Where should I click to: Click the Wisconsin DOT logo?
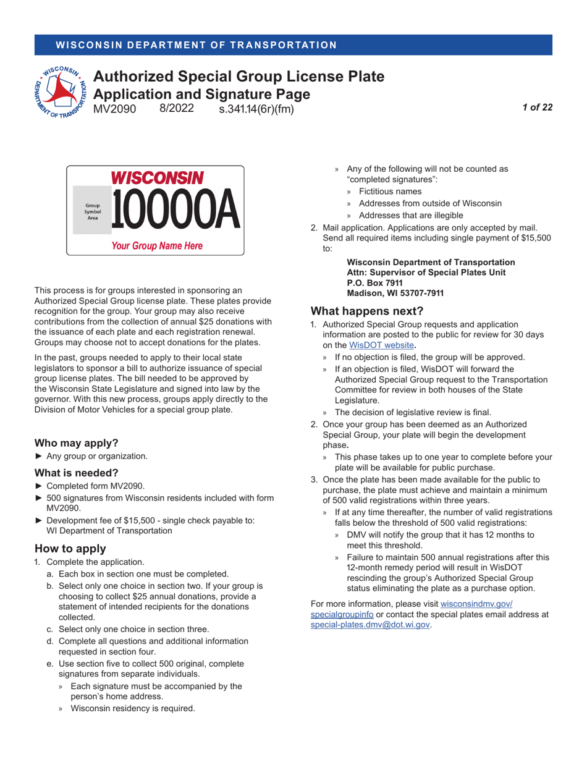(x=60, y=91)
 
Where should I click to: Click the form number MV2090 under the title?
(x=114, y=109)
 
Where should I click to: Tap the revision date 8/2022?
(x=177, y=109)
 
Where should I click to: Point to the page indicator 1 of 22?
(x=537, y=108)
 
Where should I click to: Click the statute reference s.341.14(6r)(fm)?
(x=256, y=109)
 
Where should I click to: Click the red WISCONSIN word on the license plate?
(x=157, y=178)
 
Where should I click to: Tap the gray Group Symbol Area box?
(x=92, y=210)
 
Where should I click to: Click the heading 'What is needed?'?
(x=76, y=473)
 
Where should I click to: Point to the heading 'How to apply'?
(x=70, y=549)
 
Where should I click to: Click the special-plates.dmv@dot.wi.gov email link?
(x=370, y=625)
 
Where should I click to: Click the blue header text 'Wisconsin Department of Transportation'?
(x=196, y=45)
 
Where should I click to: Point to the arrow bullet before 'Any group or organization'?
(x=40, y=457)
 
